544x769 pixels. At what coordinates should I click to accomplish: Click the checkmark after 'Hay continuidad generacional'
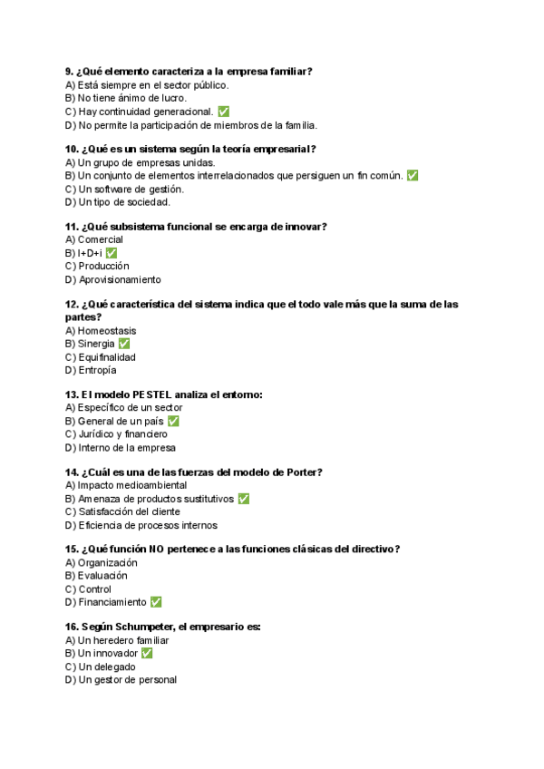tap(223, 112)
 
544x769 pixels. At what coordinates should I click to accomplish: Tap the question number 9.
tap(69, 71)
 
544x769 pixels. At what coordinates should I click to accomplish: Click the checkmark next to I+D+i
tap(112, 253)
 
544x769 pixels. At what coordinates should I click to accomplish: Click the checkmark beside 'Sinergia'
tap(124, 345)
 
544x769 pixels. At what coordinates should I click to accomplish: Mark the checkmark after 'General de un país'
tap(173, 422)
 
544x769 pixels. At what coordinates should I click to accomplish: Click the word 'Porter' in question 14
tap(303, 472)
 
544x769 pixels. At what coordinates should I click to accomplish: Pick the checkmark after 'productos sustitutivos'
tap(243, 499)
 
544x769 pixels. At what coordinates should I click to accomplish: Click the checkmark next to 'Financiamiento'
tap(156, 602)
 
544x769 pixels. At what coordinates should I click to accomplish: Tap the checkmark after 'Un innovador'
tap(147, 653)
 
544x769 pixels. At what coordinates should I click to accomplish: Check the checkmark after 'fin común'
tap(413, 176)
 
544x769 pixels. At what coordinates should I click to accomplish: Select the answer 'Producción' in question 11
tap(103, 267)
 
